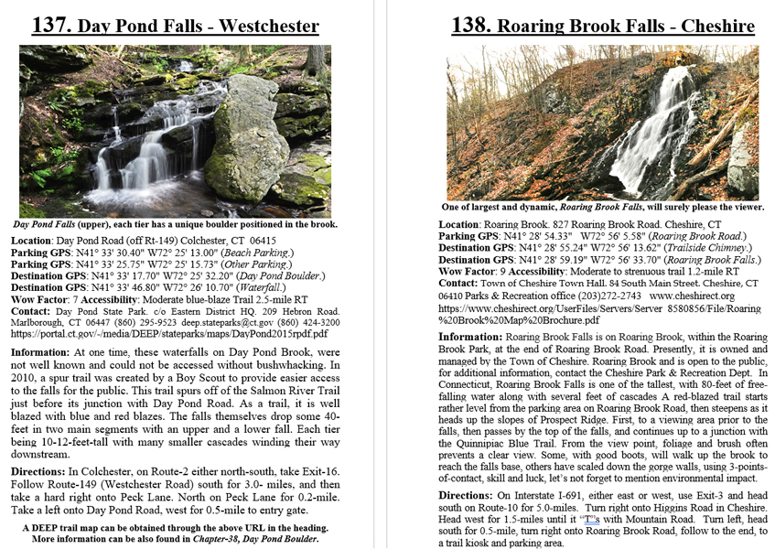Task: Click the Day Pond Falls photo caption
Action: coord(175,224)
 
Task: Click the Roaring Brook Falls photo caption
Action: coord(602,208)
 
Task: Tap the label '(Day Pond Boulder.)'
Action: coord(279,275)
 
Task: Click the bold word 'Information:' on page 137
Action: coord(40,351)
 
